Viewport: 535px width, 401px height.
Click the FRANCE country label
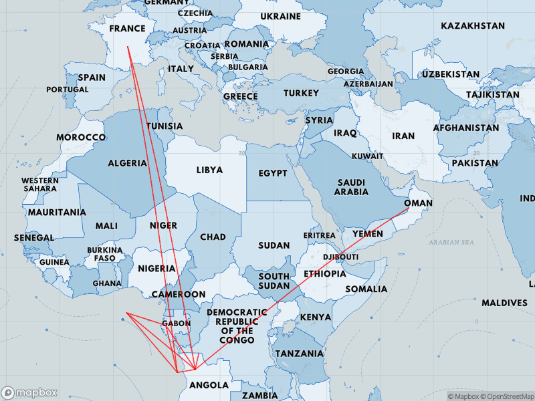[127, 29]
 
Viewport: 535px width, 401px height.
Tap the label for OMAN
[419, 203]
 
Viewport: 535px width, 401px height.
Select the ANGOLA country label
[209, 385]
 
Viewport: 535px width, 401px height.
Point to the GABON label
[177, 323]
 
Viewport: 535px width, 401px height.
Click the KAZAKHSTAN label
[473, 25]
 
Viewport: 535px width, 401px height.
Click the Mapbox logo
[29, 392]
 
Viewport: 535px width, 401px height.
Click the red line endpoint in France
[128, 46]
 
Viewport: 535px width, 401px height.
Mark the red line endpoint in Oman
[408, 209]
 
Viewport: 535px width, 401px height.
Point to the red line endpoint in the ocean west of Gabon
[126, 313]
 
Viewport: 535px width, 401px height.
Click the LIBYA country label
[209, 170]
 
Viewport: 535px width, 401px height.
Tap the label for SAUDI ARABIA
[351, 187]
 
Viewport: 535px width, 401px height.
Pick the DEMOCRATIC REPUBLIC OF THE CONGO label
[237, 326]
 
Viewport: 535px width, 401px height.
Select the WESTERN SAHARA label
[39, 184]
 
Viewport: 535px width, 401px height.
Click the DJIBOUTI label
[341, 257]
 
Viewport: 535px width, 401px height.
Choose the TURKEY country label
[301, 93]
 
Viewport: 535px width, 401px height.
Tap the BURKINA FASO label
[104, 254]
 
